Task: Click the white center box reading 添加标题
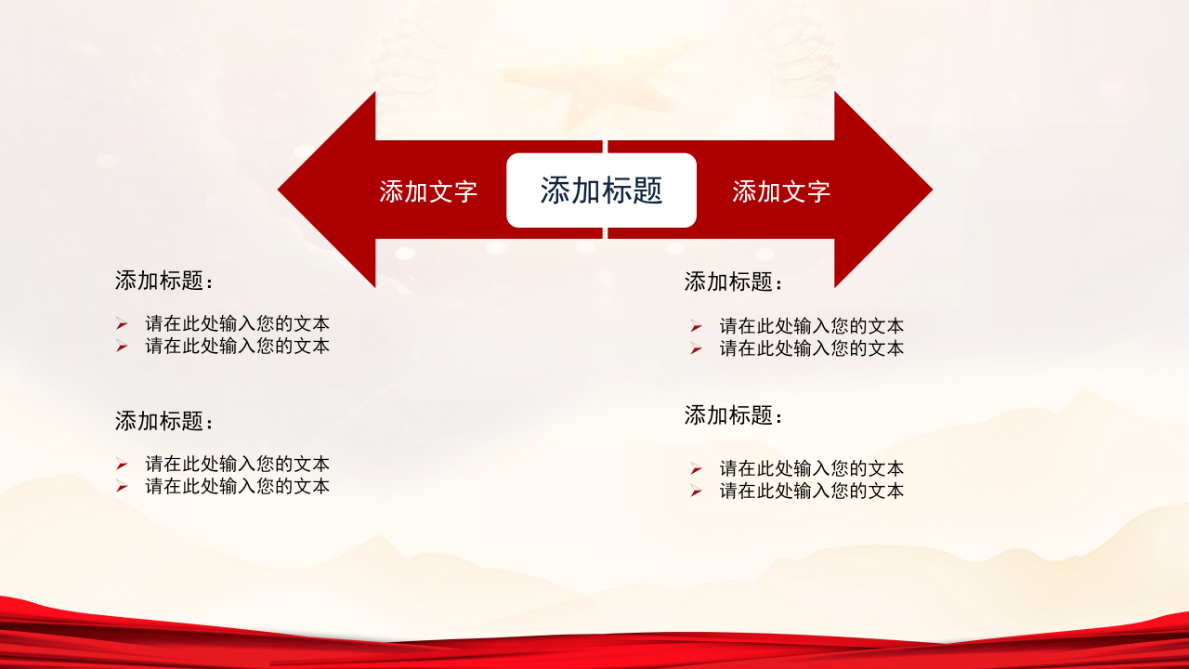(601, 190)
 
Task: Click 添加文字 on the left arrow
(428, 191)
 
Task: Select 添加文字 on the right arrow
(780, 191)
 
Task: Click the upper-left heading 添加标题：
(165, 281)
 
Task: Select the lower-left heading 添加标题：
(165, 421)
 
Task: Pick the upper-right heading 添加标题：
(735, 282)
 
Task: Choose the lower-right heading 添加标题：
(735, 415)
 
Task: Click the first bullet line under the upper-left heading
(237, 324)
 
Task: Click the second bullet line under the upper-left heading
(237, 346)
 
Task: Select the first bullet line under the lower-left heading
(237, 464)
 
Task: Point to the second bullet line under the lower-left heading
(237, 486)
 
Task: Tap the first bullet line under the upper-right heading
(811, 326)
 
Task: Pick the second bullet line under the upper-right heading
(811, 348)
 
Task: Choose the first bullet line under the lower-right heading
(811, 468)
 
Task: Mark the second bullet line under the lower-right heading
(811, 491)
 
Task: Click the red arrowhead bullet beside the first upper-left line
(122, 324)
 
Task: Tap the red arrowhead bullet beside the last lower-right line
(696, 491)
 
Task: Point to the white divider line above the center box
(605, 147)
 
